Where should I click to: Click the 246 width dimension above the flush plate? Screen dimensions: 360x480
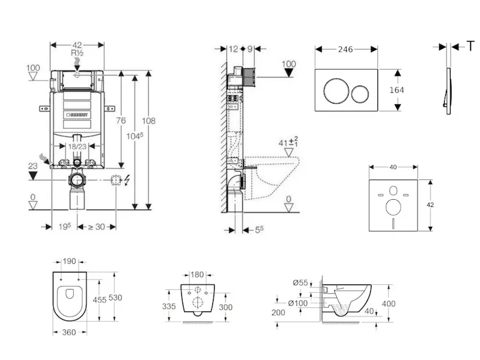pos(346,50)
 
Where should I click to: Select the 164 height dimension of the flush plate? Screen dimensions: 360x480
pos(397,90)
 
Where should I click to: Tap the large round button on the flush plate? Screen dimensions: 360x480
pos(334,91)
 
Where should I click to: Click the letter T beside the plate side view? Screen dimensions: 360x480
pos(471,46)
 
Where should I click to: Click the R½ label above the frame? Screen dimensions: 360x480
pos(77,53)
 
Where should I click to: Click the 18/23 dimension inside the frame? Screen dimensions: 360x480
pos(76,146)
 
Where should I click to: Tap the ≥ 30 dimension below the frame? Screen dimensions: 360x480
pos(97,226)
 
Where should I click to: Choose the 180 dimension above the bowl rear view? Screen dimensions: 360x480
pos(197,275)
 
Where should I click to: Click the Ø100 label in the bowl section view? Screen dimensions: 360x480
pos(298,303)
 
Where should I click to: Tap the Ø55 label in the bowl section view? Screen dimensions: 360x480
pos(301,282)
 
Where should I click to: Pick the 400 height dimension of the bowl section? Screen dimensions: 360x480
pos(389,304)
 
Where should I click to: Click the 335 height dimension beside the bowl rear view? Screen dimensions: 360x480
pos(169,306)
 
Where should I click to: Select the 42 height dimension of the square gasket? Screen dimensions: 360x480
pos(430,205)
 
